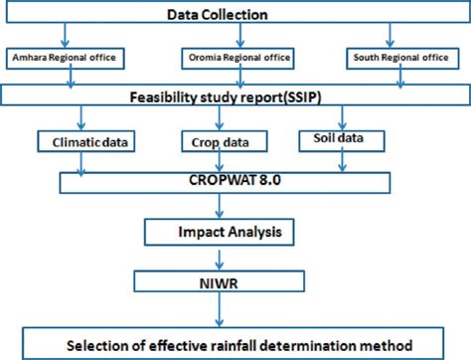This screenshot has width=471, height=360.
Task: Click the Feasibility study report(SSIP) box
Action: click(235, 97)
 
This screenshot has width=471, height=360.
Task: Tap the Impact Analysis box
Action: click(235, 235)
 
